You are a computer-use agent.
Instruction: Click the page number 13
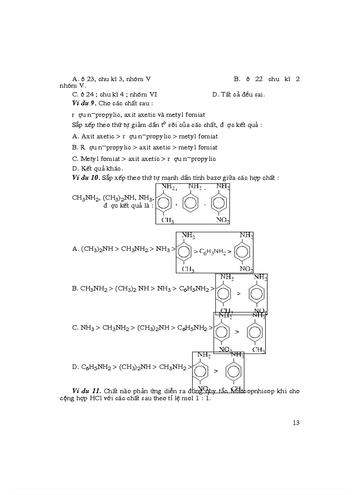pyautogui.click(x=296, y=423)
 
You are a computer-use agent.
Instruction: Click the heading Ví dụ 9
pyautogui.click(x=84, y=103)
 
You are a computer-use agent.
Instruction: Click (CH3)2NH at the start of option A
pyautogui.click(x=97, y=249)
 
